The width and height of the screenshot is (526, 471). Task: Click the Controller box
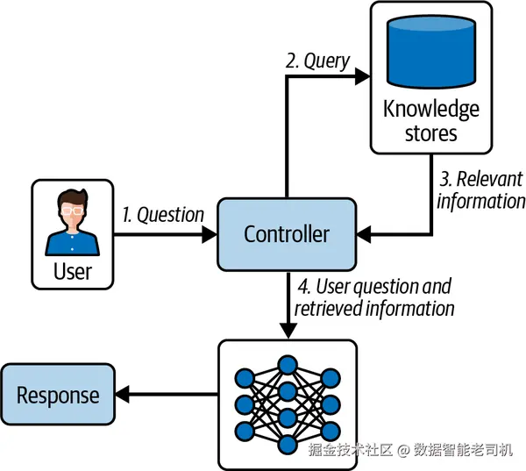(x=287, y=234)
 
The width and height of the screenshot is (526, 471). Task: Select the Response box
(x=58, y=394)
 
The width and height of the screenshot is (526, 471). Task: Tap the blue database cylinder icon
(x=431, y=52)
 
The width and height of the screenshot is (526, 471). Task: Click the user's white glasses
(x=72, y=211)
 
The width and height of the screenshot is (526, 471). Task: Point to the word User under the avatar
(x=73, y=271)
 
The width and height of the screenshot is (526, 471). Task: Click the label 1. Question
(x=163, y=215)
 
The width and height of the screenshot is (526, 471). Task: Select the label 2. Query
(x=317, y=61)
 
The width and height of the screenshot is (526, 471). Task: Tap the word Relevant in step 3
(x=490, y=179)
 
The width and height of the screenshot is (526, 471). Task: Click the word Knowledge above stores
(x=431, y=110)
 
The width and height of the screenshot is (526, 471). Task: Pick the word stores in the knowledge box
(x=431, y=133)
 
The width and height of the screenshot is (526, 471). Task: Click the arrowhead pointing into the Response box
(x=123, y=394)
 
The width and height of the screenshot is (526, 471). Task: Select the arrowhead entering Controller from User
(x=210, y=234)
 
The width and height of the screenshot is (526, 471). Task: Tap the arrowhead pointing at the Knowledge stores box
(x=363, y=76)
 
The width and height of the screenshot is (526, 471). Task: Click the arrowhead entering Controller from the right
(x=364, y=234)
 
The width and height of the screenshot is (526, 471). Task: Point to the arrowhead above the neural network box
(x=288, y=332)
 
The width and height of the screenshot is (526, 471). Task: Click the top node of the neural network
(x=288, y=365)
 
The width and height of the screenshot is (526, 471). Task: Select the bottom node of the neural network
(x=288, y=445)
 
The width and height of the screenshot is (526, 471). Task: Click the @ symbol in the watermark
(x=403, y=450)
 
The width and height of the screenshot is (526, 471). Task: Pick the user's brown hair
(x=73, y=198)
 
